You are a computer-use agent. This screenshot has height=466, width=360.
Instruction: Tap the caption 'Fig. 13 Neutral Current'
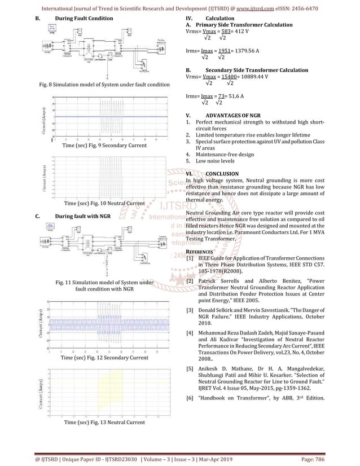pos(105,422)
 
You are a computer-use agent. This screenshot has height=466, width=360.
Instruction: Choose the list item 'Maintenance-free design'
pos(225,154)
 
